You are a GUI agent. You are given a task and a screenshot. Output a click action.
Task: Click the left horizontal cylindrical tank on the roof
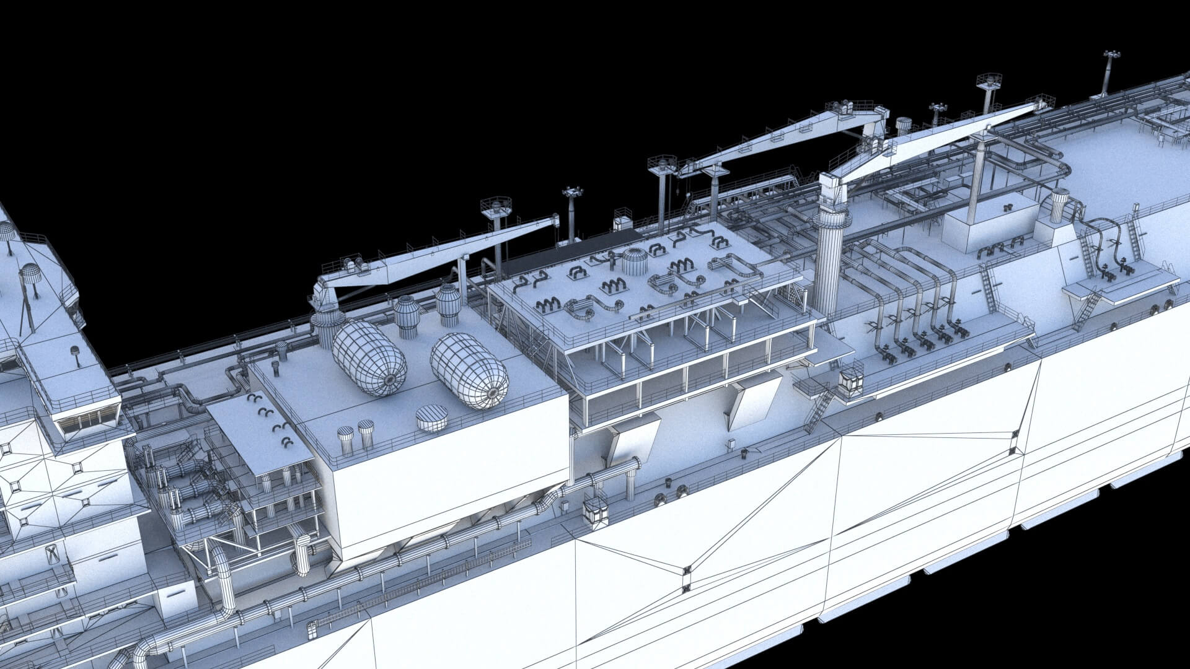(x=369, y=358)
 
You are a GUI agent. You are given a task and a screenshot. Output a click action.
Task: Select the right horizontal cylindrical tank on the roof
(x=469, y=370)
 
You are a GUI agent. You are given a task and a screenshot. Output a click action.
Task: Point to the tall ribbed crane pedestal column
(x=830, y=254)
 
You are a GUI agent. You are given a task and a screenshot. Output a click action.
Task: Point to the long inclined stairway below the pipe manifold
(x=819, y=408)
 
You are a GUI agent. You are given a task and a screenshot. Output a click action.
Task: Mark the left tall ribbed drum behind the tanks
(x=407, y=315)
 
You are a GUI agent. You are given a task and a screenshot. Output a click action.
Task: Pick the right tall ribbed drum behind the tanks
(x=447, y=304)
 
